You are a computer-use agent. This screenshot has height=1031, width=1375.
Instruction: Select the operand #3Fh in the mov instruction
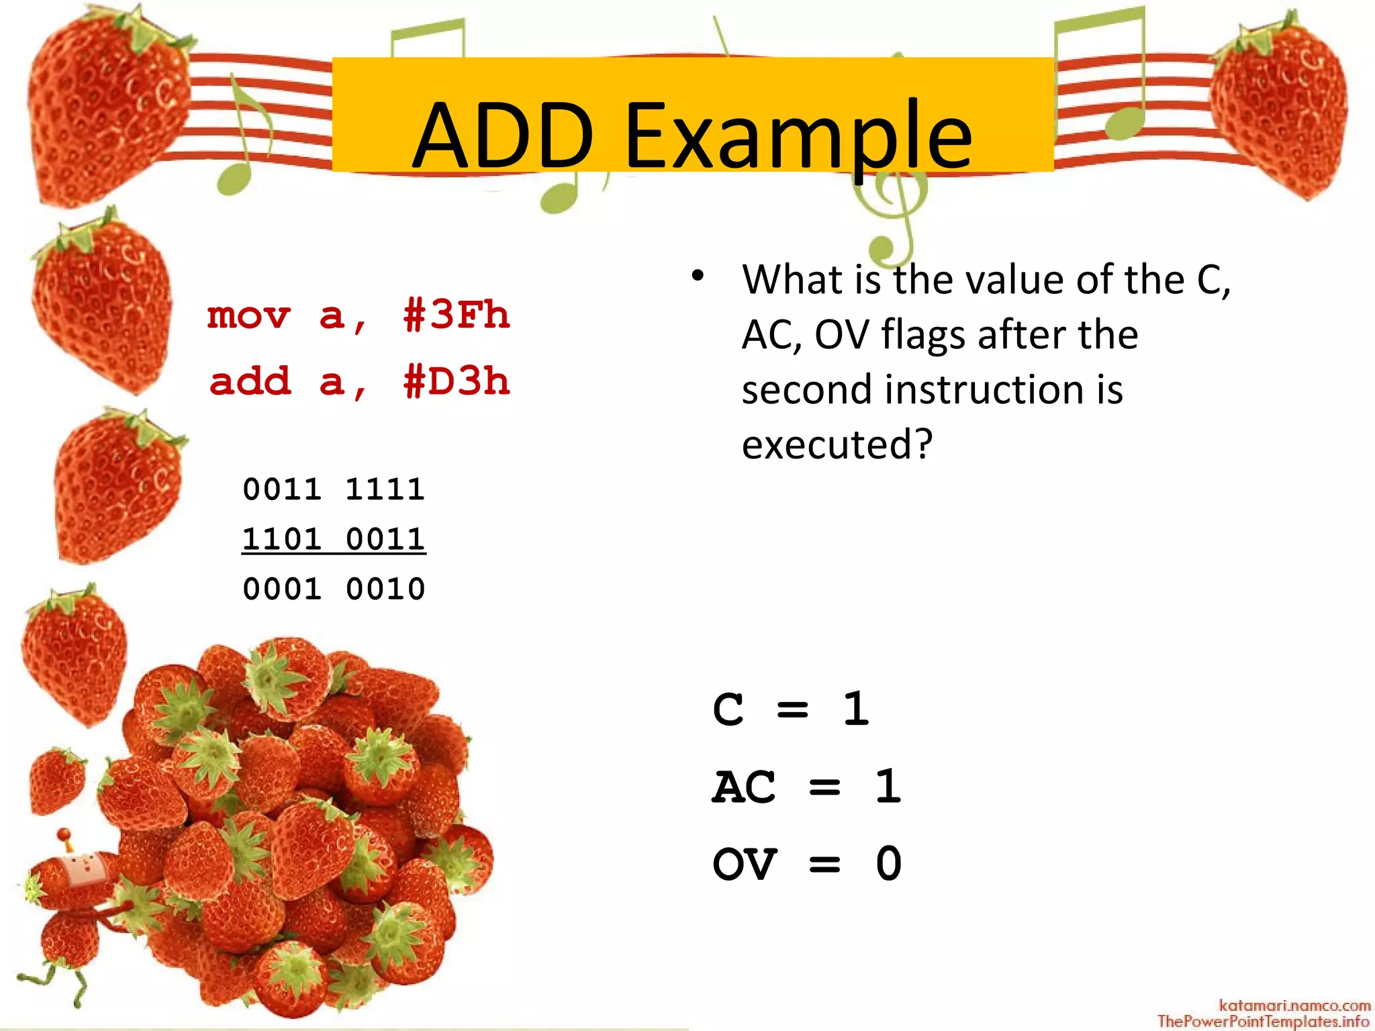pyautogui.click(x=457, y=315)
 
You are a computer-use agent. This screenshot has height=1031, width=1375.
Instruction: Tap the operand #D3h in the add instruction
pyautogui.click(x=457, y=381)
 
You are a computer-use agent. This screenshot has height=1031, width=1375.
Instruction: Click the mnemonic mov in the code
pyautogui.click(x=249, y=315)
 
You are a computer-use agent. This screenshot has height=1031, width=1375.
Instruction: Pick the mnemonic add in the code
pyautogui.click(x=250, y=381)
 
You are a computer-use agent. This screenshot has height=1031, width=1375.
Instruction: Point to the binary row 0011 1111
pyautogui.click(x=334, y=489)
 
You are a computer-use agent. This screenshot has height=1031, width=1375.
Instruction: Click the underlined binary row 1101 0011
pyautogui.click(x=334, y=539)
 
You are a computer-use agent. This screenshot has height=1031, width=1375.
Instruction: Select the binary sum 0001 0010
pyautogui.click(x=334, y=589)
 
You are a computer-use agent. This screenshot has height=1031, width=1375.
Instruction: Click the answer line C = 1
pyautogui.click(x=791, y=709)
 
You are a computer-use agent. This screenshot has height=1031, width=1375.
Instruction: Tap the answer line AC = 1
pyautogui.click(x=806, y=786)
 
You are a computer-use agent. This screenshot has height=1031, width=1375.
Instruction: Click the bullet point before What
pyautogui.click(x=698, y=276)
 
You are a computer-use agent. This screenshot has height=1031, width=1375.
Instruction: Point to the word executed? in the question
pyautogui.click(x=837, y=444)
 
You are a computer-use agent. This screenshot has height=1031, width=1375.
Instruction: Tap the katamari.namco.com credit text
pyautogui.click(x=1294, y=1005)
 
